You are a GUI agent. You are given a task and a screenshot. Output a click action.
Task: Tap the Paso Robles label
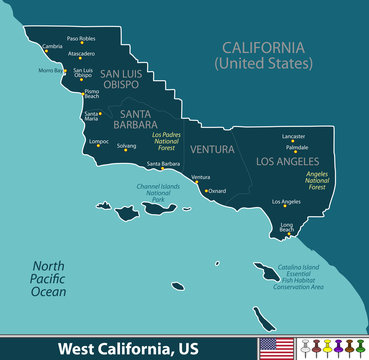[80, 38]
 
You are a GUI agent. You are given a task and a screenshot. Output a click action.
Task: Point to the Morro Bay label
[50, 70]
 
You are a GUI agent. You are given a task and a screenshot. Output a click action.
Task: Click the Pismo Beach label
[91, 95]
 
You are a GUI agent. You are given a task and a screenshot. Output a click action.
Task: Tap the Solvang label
[126, 145]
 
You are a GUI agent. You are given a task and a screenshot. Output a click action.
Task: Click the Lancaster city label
[294, 135]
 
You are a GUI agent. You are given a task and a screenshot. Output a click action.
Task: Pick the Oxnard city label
[217, 191]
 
